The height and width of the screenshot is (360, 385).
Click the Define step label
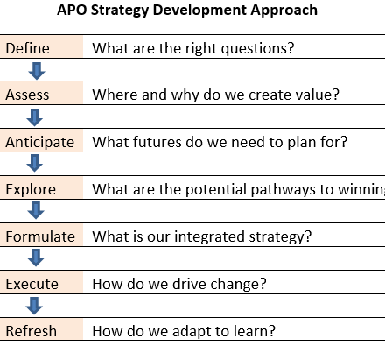[x=27, y=48]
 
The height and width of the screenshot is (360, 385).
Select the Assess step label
[x=27, y=95]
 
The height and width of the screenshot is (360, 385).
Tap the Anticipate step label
[x=40, y=142]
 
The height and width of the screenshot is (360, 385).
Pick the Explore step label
[x=31, y=189]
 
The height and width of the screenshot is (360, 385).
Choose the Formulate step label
[x=40, y=236]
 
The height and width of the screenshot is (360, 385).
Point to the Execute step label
[x=32, y=284]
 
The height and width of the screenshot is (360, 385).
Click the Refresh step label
[x=31, y=331]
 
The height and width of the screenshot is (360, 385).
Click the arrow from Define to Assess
[x=37, y=71]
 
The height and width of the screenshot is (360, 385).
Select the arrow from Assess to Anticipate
[x=35, y=117]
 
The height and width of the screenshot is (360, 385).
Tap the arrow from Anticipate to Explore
[x=35, y=163]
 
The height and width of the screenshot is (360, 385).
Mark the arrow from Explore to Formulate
[x=36, y=210]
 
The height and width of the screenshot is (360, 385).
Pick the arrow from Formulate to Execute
[x=36, y=258]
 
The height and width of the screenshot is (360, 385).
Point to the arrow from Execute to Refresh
[x=34, y=306]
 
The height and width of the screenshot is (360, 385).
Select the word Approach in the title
[x=283, y=11]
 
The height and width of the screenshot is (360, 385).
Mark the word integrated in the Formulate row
[x=209, y=236]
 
